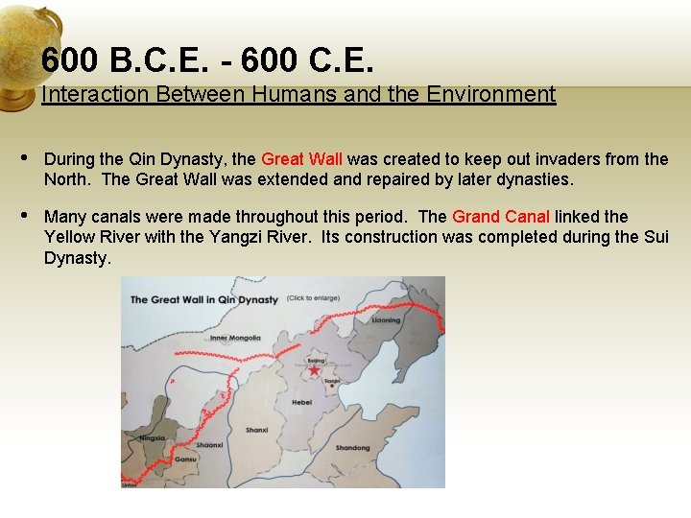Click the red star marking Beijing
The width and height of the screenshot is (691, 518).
click(x=314, y=370)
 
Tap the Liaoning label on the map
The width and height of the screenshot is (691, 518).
click(x=387, y=320)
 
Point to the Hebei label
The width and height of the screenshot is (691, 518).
click(x=302, y=403)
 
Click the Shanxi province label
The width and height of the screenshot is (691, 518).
click(x=256, y=430)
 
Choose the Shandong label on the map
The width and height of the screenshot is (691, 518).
click(x=352, y=448)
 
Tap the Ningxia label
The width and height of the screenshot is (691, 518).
click(x=152, y=438)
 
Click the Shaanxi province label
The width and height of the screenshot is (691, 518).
click(x=210, y=445)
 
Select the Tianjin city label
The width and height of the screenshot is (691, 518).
click(x=332, y=381)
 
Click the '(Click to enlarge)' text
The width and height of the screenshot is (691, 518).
click(x=313, y=298)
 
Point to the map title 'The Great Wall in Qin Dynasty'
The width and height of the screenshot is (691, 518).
click(x=203, y=299)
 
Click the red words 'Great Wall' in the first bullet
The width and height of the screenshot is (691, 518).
click(x=301, y=159)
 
